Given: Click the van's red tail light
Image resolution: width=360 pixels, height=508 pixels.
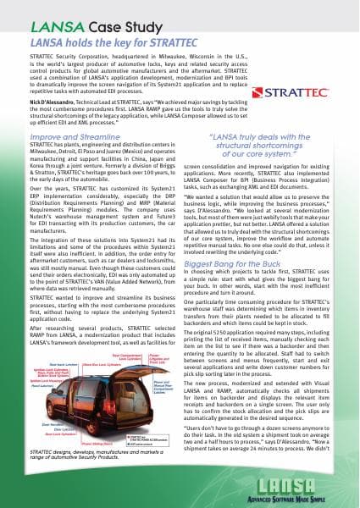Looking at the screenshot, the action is tap(139, 416).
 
